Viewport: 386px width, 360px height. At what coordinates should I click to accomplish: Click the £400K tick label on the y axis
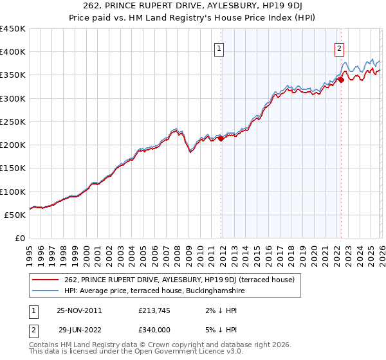tap(13, 52)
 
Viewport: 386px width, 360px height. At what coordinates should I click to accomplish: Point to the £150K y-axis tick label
tap(13, 168)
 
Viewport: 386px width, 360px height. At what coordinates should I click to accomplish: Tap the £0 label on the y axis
tap(21, 239)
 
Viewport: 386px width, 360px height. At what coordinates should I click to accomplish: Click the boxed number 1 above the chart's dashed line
tap(220, 48)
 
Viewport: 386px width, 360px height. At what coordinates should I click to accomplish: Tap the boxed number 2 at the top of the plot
tap(339, 48)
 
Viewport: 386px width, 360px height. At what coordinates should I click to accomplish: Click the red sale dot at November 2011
tap(221, 138)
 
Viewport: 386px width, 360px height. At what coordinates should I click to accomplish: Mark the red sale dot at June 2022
tap(341, 80)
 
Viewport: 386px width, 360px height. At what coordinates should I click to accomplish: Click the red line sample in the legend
tap(47, 280)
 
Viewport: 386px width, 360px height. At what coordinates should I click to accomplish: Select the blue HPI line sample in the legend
tap(47, 291)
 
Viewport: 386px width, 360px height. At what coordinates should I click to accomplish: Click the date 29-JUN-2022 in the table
tap(80, 328)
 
